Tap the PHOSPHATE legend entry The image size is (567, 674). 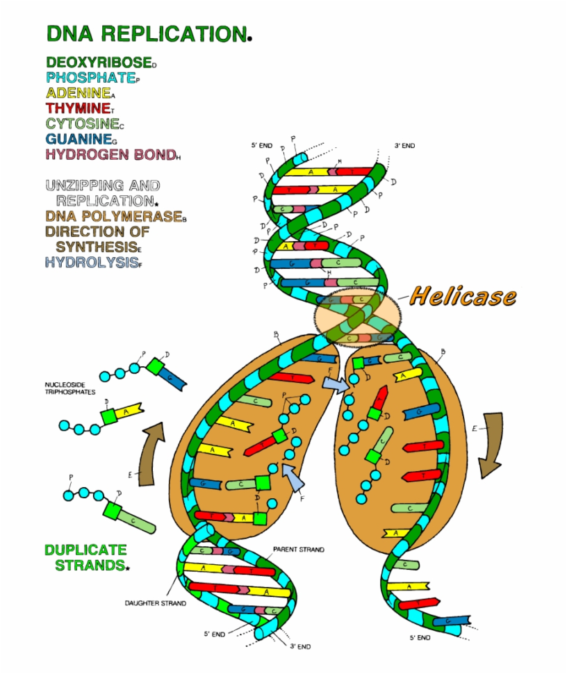[x=90, y=77]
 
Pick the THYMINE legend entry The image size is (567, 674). [x=77, y=108]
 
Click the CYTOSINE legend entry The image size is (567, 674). [x=82, y=123]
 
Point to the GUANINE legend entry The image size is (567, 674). [x=78, y=138]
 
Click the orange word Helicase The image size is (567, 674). [x=463, y=297]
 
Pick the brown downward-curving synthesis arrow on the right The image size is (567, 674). [x=491, y=445]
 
